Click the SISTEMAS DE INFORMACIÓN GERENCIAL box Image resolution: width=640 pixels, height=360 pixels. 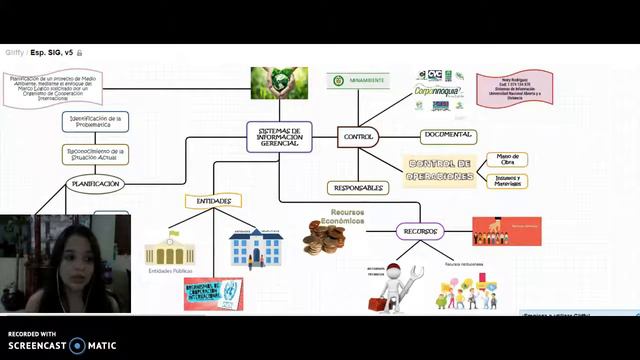pyautogui.click(x=279, y=136)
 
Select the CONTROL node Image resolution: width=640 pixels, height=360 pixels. pyautogui.click(x=357, y=136)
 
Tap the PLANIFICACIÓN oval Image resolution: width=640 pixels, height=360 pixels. pyautogui.click(x=96, y=184)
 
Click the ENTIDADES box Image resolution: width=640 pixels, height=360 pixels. pyautogui.click(x=213, y=201)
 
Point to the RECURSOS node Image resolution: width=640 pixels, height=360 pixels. pyautogui.click(x=419, y=231)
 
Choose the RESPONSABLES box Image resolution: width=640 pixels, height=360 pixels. pyautogui.click(x=357, y=187)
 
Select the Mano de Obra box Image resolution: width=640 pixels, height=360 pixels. pyautogui.click(x=507, y=160)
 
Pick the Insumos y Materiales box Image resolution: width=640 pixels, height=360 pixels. pyautogui.click(x=507, y=181)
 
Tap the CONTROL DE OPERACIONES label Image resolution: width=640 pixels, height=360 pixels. pyautogui.click(x=440, y=170)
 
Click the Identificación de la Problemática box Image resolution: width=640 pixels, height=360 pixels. pyautogui.click(x=95, y=121)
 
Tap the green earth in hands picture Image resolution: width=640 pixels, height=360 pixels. pyautogui.click(x=279, y=82)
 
